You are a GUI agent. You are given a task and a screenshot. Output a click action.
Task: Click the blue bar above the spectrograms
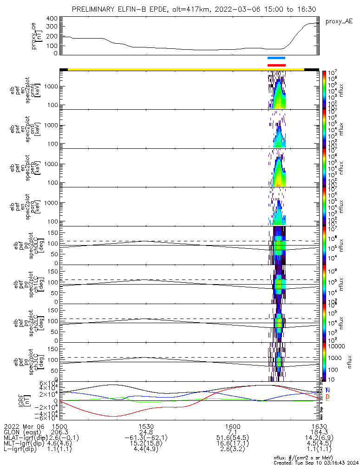(276, 58)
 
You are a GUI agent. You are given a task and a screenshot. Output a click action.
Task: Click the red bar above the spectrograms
(276, 65)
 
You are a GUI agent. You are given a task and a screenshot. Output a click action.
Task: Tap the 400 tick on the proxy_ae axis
(52, 18)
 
